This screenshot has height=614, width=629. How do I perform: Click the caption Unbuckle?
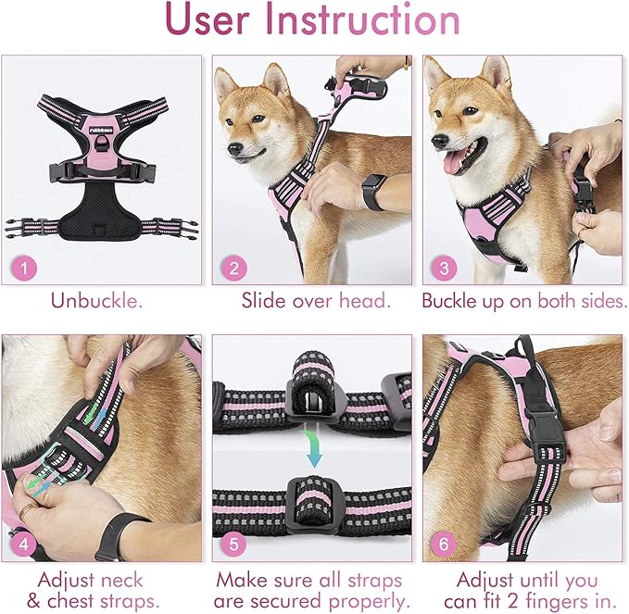click(x=97, y=301)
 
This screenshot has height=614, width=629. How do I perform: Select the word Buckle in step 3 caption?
click(x=450, y=301)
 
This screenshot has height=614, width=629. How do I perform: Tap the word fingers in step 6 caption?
click(x=564, y=602)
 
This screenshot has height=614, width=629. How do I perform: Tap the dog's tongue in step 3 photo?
click(x=454, y=164)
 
